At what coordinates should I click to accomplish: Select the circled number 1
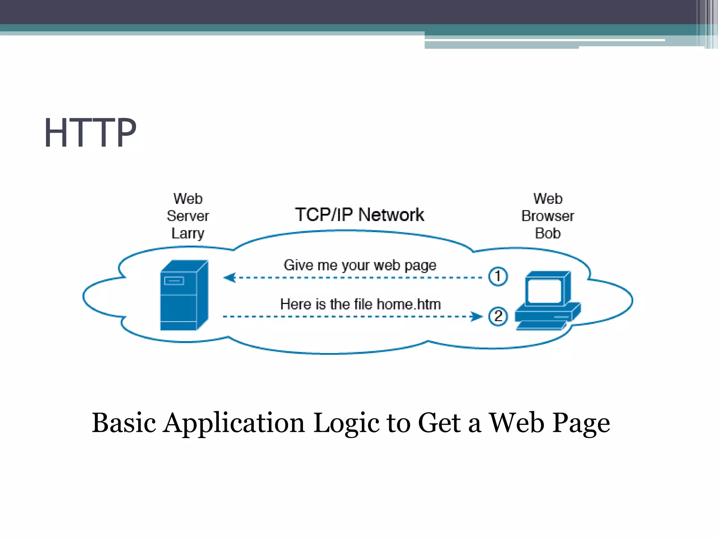click(x=498, y=277)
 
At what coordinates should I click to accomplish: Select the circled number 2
click(x=498, y=316)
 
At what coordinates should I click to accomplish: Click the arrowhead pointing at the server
click(x=230, y=278)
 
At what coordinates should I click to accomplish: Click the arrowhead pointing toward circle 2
click(x=476, y=316)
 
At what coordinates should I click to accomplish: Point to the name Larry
click(x=188, y=233)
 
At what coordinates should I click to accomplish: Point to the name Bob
click(x=548, y=233)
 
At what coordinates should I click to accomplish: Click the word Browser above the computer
click(x=548, y=216)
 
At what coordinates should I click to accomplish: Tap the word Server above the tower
click(x=188, y=216)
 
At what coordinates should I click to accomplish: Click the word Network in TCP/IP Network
click(x=391, y=214)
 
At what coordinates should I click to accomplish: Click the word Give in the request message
click(x=298, y=265)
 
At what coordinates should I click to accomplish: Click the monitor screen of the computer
click(x=544, y=291)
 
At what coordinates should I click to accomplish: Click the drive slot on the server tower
click(x=174, y=281)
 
